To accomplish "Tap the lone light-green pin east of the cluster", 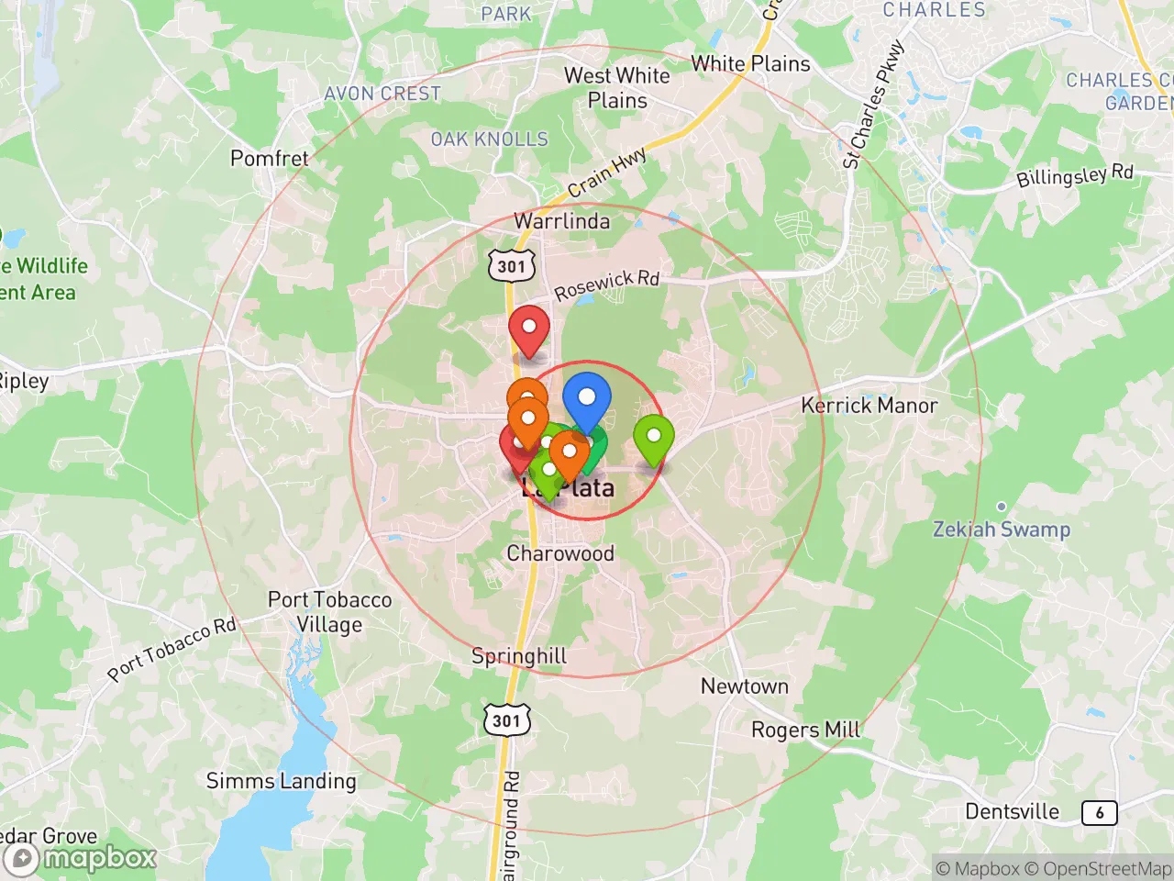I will coord(653,437).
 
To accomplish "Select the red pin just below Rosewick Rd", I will coord(529,328).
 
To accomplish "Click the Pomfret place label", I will coord(270,158).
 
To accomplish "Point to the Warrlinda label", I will coord(561,221).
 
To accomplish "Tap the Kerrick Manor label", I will coord(869,405).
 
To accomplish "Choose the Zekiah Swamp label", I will coord(1001,530).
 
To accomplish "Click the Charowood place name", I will coord(560,553).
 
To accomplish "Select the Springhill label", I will coord(519,656).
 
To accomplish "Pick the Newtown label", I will coord(744,686).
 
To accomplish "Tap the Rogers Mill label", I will coord(805,730).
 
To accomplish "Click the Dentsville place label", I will coord(1012,811).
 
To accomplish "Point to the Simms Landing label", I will coord(281,781).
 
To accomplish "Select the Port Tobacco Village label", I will coord(329,612).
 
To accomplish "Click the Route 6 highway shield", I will coord(1099,812).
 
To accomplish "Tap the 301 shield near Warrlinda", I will coord(511,267).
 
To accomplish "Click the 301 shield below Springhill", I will coord(505,720).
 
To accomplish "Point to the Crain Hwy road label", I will coord(607,173).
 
